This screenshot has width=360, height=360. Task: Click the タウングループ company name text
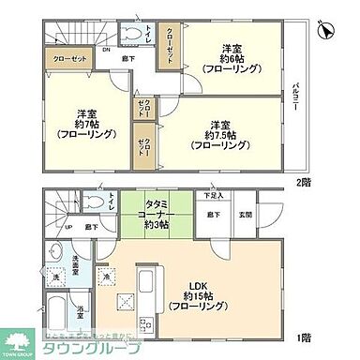coord(83,348)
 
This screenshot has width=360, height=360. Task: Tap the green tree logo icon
coord(19,341)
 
